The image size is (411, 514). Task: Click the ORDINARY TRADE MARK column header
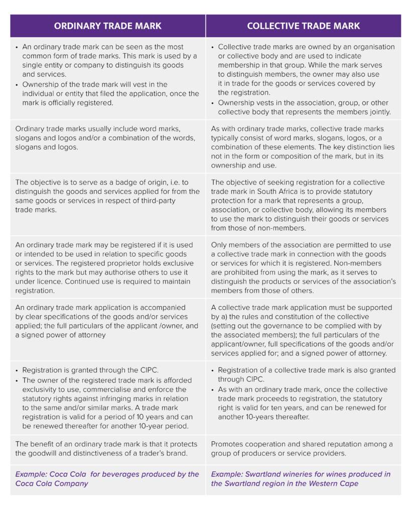coord(107,26)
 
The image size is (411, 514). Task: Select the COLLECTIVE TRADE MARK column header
coord(303,26)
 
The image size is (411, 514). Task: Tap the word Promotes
coord(228,444)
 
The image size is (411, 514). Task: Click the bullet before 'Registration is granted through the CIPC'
coord(17,370)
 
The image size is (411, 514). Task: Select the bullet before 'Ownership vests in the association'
coord(213,103)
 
